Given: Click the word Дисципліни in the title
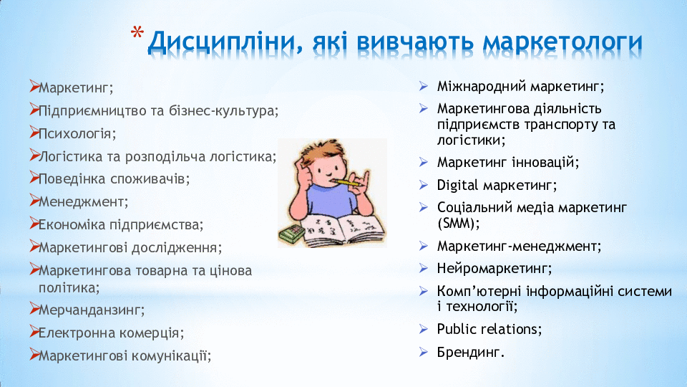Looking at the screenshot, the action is tap(221, 42).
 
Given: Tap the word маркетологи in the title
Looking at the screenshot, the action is tap(562, 42).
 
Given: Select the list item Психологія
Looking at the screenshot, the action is tap(77, 133).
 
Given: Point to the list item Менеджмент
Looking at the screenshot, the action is tap(83, 202).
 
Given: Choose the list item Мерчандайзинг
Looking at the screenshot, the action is tap(92, 310).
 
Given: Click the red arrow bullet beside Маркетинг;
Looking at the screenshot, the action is tap(34, 86).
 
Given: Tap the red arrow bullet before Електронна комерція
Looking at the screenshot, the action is tap(34, 331).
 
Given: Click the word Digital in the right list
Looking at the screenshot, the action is tap(457, 185).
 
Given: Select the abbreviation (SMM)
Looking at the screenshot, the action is tap(458, 224).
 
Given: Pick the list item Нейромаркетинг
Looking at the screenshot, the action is tap(494, 268).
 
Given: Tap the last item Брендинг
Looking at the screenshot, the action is tap(471, 352).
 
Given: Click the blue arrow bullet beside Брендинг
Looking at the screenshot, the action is tap(423, 351).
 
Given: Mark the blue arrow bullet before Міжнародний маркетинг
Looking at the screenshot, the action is tap(423, 85).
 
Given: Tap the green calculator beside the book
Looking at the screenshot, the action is tap(291, 232).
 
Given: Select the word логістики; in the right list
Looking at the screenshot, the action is tap(472, 140).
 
